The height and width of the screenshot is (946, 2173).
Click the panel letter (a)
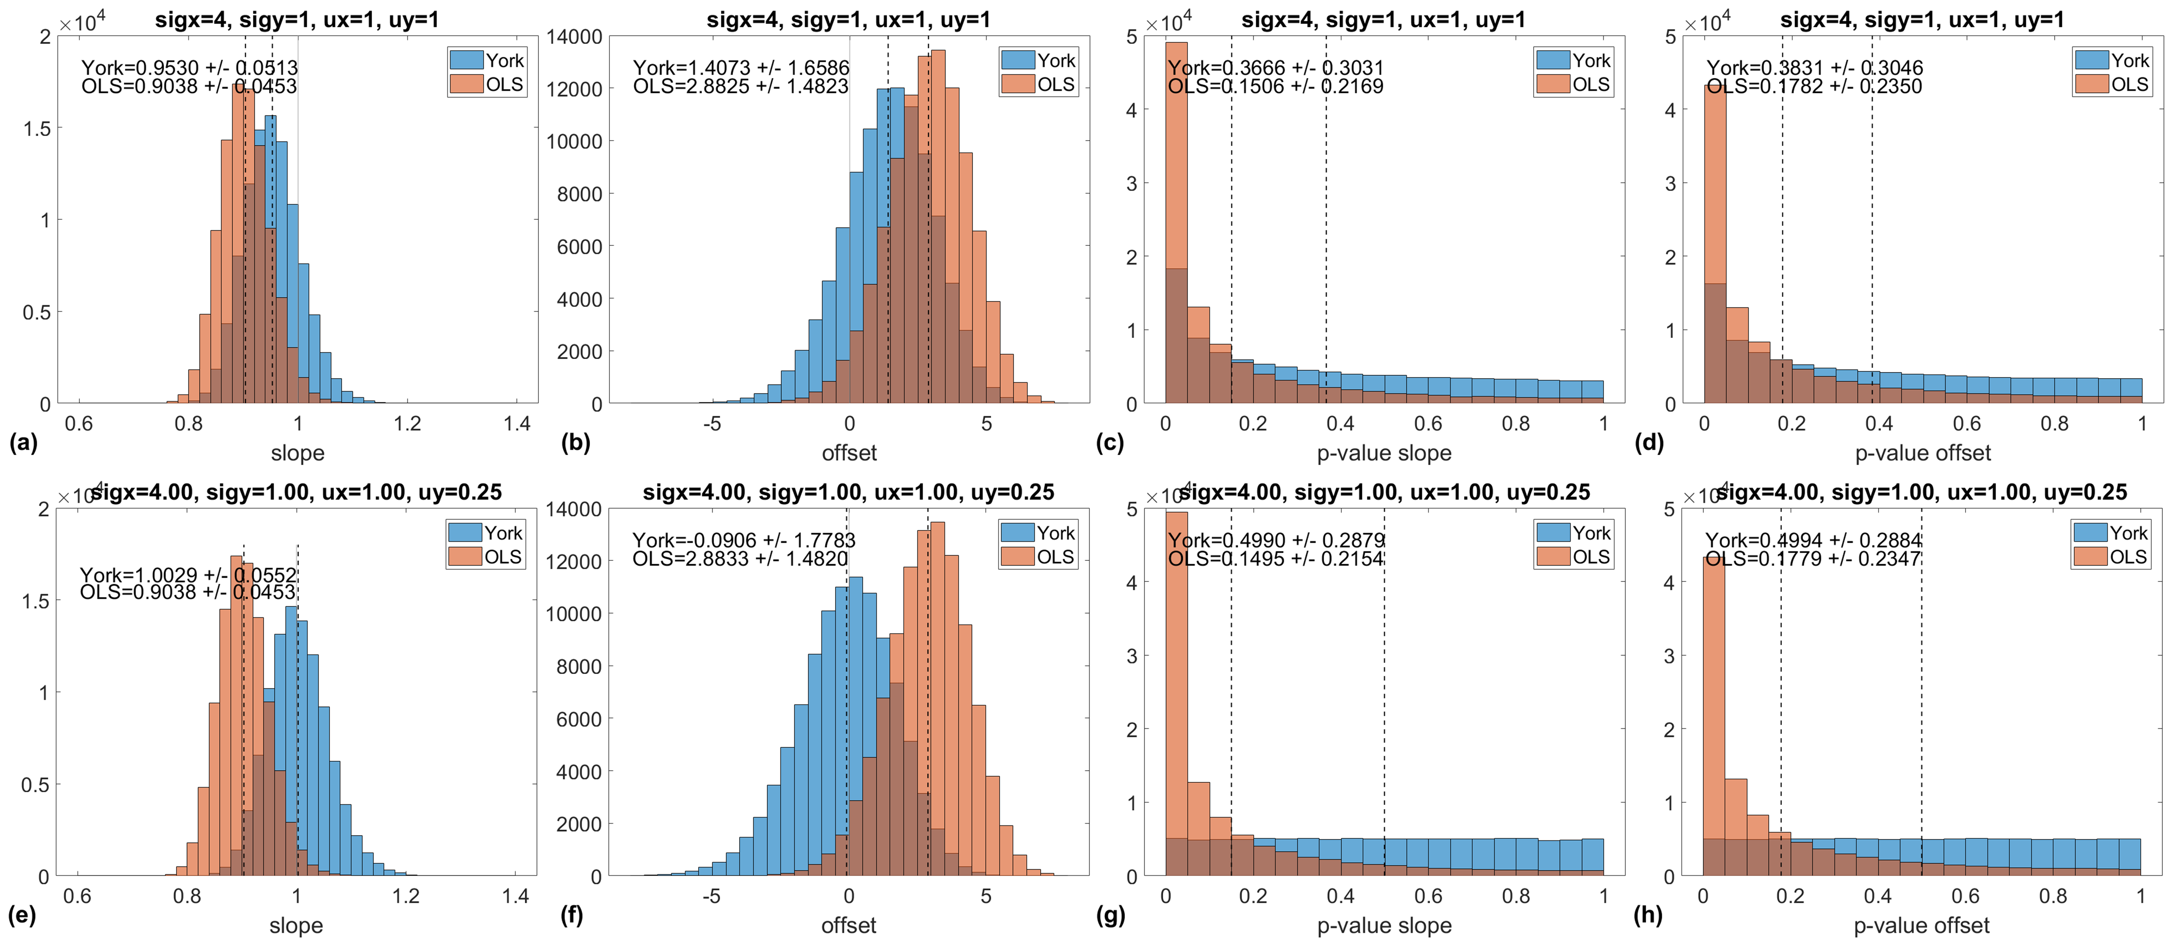[23, 442]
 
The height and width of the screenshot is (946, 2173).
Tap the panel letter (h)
[1647, 915]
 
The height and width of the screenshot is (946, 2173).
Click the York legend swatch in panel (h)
[2090, 532]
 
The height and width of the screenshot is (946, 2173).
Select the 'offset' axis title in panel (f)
[849, 926]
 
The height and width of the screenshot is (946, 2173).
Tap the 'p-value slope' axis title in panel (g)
[1384, 926]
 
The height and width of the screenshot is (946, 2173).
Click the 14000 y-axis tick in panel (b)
[574, 37]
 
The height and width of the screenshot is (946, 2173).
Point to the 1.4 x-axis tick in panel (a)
[516, 423]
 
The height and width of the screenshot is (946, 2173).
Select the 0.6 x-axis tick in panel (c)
[1428, 423]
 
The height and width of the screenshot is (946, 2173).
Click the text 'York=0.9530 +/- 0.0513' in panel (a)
[190, 67]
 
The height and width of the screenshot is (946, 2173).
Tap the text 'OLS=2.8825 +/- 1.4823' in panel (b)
[741, 86]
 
